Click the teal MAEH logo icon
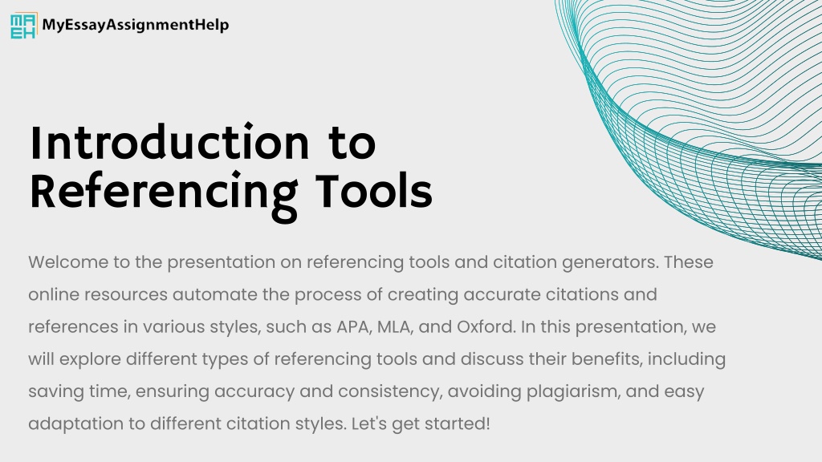click(x=23, y=26)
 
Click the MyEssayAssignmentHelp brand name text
click(x=135, y=25)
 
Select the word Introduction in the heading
click(x=169, y=143)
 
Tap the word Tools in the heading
click(x=374, y=191)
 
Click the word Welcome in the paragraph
click(x=68, y=262)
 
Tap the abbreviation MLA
click(x=395, y=327)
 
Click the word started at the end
click(x=457, y=423)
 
